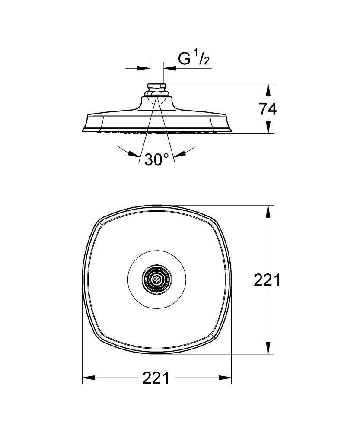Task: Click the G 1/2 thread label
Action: [x=194, y=58]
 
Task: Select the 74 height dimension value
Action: [x=268, y=109]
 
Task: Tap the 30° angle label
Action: [x=156, y=159]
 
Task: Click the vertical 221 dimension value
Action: [x=267, y=280]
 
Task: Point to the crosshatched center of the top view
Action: [x=156, y=280]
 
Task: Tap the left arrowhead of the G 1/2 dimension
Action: [x=143, y=68]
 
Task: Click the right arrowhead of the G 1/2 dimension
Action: [x=170, y=68]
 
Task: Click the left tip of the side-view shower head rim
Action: [x=82, y=131]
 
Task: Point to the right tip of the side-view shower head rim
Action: [x=231, y=131]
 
